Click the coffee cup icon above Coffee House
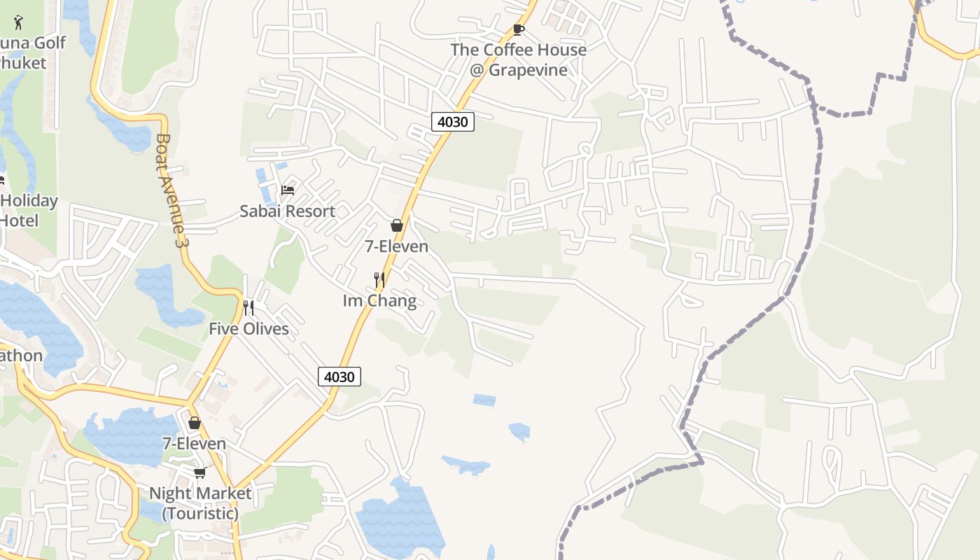(518, 29)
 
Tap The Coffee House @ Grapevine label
(518, 60)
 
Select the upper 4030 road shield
(453, 122)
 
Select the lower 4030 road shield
(339, 377)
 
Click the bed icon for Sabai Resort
(287, 190)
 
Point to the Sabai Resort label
(287, 211)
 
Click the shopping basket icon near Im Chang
(397, 225)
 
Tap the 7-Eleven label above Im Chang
(397, 246)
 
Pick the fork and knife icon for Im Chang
(379, 280)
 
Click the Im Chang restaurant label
(379, 301)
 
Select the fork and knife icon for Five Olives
(248, 308)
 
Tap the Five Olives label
(248, 329)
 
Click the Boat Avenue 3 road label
(172, 190)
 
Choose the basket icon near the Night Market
(195, 423)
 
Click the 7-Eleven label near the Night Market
(195, 444)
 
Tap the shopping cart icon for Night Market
(199, 473)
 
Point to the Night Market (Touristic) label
(200, 503)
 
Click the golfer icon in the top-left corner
(18, 22)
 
